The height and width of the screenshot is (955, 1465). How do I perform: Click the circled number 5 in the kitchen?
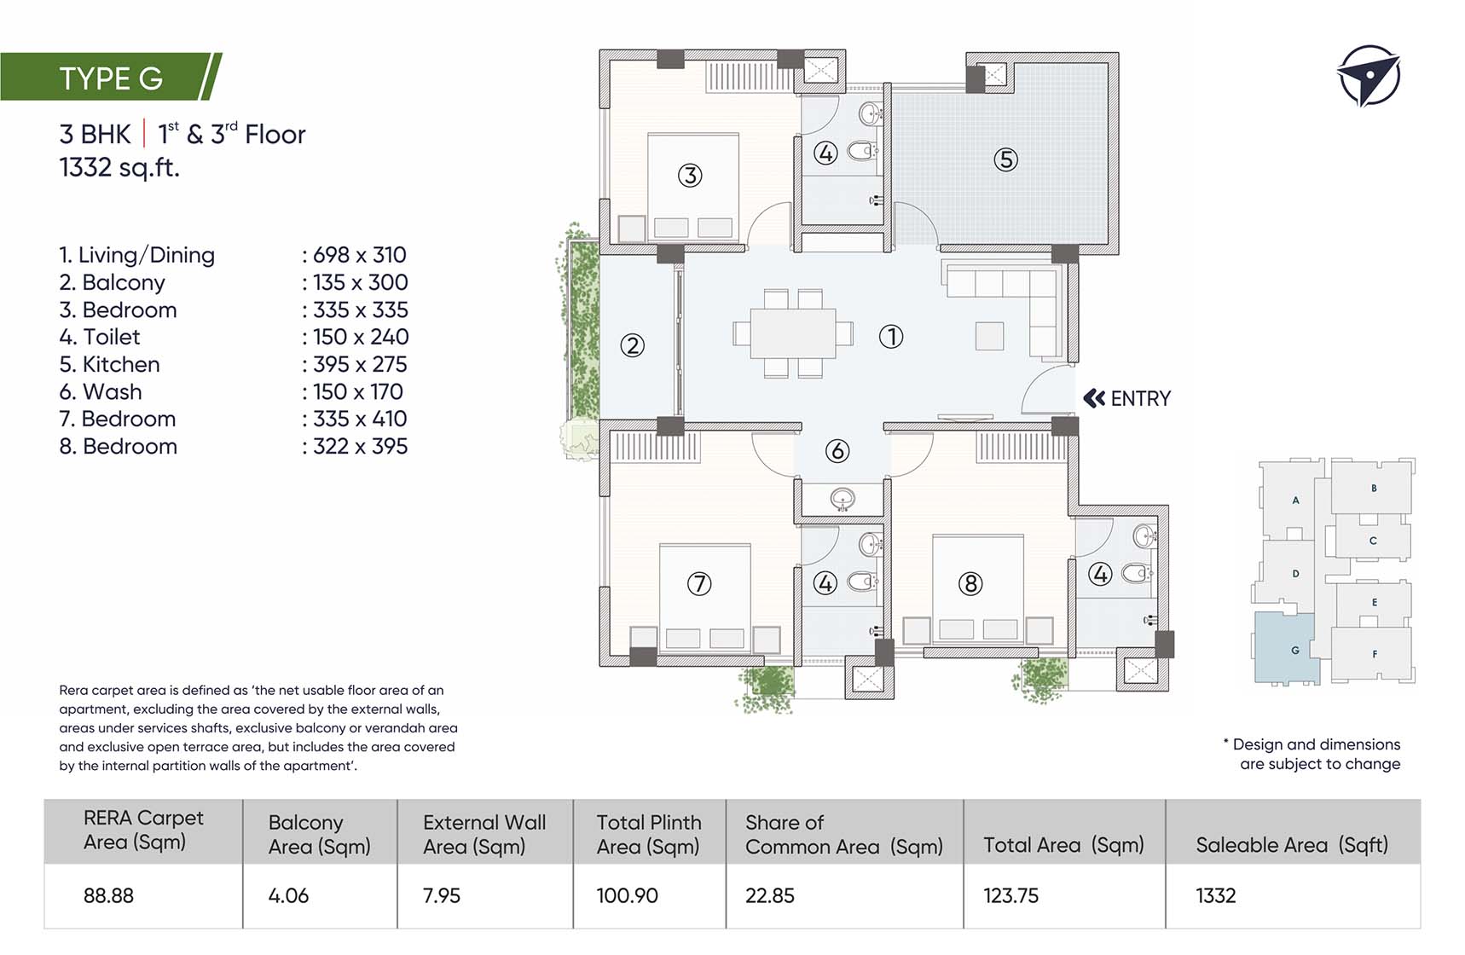1006,159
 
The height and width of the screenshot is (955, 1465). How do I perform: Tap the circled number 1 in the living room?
891,337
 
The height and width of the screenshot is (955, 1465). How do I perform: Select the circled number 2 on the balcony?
632,345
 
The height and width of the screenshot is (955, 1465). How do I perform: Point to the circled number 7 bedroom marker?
699,584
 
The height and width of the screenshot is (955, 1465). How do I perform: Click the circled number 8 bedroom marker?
970,584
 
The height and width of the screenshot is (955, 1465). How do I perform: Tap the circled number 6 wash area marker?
837,451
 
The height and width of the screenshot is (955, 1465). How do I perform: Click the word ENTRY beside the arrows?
1141,398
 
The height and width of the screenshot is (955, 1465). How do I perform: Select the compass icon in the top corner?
1368,76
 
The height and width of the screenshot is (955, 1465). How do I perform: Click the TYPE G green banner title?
111,78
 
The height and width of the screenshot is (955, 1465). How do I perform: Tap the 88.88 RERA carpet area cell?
108,895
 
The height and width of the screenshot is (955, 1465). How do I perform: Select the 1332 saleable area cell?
1216,895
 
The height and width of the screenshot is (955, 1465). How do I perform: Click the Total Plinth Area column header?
649,834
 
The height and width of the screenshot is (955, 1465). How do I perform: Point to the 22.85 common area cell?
770,895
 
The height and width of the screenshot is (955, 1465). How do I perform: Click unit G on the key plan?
1288,648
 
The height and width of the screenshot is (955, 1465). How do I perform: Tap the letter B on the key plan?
1374,489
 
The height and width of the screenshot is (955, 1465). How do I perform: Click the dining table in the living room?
793,333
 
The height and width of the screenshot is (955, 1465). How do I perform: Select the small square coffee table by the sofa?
989,335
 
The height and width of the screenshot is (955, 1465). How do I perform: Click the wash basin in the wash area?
843,499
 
